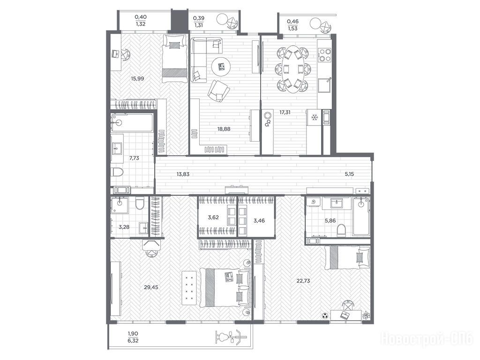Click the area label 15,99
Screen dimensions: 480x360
(x=137, y=78)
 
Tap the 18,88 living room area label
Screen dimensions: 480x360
(x=224, y=129)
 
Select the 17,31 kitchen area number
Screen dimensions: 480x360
(x=285, y=112)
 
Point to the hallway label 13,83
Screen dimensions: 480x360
(x=183, y=174)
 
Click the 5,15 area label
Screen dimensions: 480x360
(x=349, y=174)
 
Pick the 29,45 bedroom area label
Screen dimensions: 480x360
(x=151, y=287)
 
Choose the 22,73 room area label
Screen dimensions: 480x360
(x=303, y=280)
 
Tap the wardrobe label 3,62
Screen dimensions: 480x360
(x=213, y=217)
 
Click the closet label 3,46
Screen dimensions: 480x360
(x=259, y=220)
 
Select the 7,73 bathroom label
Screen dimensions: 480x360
(x=134, y=158)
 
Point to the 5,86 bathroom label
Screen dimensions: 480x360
(x=330, y=220)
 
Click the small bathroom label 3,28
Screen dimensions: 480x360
(x=124, y=227)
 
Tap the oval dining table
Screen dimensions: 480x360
(x=293, y=69)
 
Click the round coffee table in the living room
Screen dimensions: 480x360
(x=221, y=67)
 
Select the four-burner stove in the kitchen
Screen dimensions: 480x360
(x=324, y=55)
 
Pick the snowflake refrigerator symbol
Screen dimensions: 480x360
(x=314, y=117)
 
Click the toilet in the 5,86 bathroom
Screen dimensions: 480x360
(x=341, y=230)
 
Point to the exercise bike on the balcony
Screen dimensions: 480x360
(x=231, y=337)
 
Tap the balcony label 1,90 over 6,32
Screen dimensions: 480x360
(x=133, y=337)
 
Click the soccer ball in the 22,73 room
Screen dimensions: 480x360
(x=324, y=315)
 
